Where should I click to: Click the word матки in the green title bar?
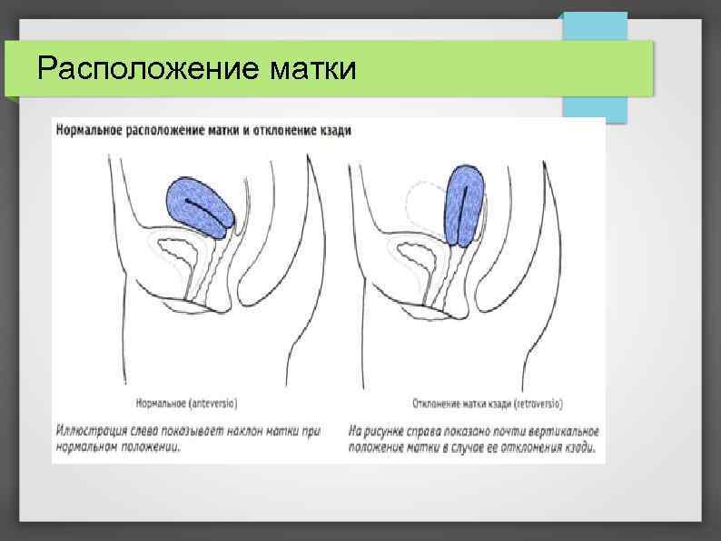(313, 68)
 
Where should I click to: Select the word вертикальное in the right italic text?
(556, 430)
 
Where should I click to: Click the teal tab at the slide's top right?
(595, 68)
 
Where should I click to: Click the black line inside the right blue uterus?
(464, 205)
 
